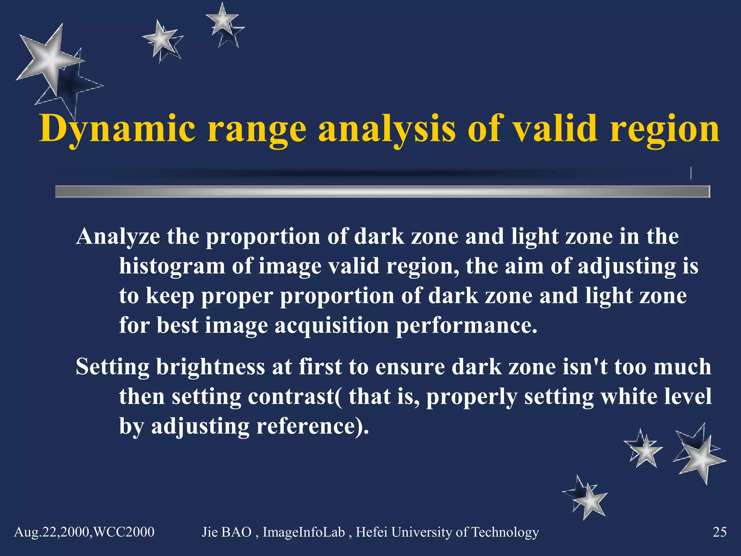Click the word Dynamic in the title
coord(118,129)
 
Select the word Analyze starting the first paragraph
coord(118,237)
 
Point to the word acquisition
coord(331,325)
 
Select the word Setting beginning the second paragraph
coord(112,367)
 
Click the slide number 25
coord(719,532)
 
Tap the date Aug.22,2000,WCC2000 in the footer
coord(84,532)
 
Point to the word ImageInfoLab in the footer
coord(304,532)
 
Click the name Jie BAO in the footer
coord(226,532)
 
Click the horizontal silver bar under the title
coord(382,191)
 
